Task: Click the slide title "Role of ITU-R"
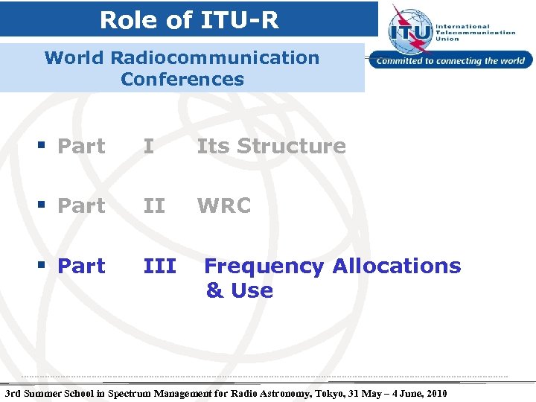[189, 20]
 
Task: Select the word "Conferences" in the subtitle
[182, 79]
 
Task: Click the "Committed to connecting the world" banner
[450, 61]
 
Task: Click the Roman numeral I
[149, 147]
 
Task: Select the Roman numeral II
[154, 206]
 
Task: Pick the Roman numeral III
[159, 266]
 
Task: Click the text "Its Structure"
[271, 147]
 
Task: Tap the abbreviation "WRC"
[223, 206]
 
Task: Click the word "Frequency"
[264, 267]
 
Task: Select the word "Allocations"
[396, 266]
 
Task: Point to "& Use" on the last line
[239, 290]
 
